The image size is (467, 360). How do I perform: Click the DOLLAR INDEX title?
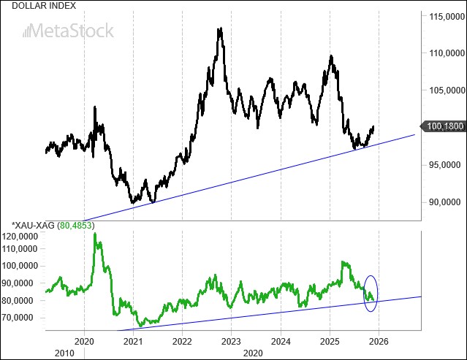34,5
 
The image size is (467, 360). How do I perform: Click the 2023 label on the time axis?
232,341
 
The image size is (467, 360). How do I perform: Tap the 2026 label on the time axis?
379,341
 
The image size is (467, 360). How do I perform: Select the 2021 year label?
134,341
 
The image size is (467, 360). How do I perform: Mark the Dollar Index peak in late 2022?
219,29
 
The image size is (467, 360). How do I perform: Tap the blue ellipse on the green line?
371,293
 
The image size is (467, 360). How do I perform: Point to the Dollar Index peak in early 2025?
332,56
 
